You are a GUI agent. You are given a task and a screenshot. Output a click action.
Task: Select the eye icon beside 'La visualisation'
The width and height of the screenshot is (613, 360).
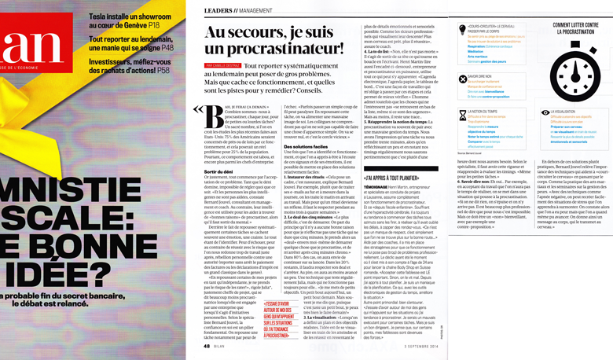point(523,114)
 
